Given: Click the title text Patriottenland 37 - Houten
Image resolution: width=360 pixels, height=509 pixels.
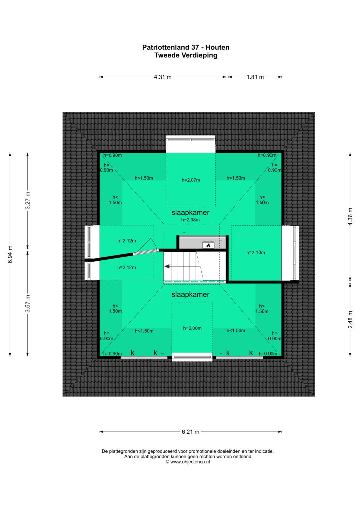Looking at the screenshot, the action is pos(186,47).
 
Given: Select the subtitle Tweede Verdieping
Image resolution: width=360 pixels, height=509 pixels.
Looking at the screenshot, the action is pos(186,55).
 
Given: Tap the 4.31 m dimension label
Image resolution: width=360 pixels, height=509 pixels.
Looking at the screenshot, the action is pos(163,77).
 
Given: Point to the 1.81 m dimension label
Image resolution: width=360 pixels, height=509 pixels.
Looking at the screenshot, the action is pos(255,77).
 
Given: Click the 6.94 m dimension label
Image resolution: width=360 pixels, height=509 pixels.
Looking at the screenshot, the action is pos(10,254).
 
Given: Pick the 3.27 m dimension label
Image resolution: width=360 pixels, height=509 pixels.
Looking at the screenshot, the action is pos(28,200).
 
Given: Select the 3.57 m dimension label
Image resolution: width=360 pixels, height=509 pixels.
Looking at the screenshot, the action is pos(28,303).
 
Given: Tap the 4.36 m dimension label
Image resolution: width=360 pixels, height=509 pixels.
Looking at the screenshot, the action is pos(350,217).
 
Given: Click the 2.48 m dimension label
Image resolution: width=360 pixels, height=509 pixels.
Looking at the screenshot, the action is pos(350,319).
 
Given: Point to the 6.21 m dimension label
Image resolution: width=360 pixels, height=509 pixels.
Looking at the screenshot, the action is pos(190,432).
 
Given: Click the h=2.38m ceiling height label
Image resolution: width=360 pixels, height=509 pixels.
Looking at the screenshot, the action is pos(190,220).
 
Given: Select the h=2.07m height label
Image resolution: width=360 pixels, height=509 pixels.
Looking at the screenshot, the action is pos(191,180).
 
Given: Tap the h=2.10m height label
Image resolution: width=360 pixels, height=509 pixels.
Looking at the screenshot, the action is pos(256,252).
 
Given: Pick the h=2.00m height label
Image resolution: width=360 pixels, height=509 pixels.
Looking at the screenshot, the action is pos(192,328).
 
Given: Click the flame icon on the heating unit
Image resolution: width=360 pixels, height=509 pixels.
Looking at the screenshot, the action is pos(208,245).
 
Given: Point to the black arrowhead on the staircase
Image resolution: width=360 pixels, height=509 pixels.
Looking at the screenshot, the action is pos(167,266).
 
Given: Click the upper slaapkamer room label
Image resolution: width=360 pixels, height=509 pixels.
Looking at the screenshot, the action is pos(190,212).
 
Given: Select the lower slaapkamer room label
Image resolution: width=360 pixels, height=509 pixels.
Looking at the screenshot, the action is pos(190,294).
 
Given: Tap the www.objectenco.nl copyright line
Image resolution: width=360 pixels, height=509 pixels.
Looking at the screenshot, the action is pos(188,462).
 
